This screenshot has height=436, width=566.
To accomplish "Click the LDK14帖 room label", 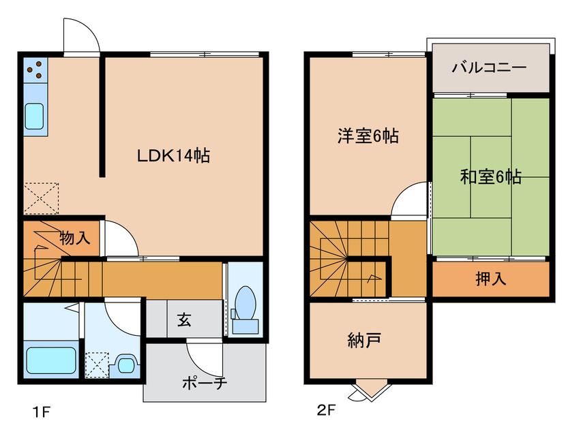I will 173,155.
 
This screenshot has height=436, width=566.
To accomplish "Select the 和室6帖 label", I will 491,177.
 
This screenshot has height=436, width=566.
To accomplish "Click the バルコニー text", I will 489,68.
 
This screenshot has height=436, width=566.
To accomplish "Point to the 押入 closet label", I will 490,279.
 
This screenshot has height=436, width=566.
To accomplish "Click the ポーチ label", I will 204,383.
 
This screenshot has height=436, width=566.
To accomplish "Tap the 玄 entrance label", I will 184,318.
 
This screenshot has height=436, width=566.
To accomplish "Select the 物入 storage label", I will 74,238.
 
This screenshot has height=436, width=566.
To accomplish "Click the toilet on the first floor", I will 244,307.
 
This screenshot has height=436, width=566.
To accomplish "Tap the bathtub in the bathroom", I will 50,360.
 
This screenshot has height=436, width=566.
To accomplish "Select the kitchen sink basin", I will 35,116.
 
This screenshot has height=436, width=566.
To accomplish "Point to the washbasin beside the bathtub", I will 126,363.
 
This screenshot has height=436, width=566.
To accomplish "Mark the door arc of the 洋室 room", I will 410,202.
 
